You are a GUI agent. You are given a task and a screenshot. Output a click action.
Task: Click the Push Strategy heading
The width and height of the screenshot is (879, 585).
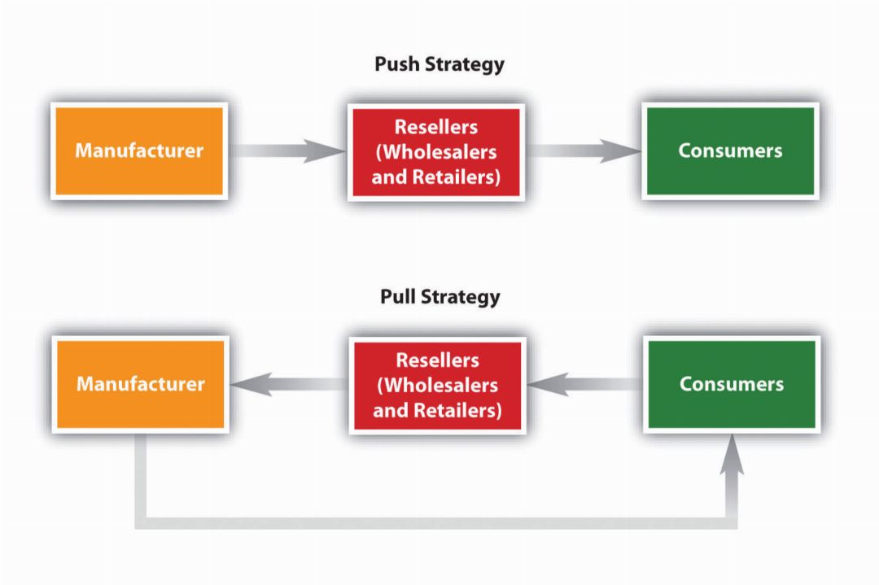tap(439, 64)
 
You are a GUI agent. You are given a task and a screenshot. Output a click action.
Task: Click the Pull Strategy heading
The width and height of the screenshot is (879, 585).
tap(439, 297)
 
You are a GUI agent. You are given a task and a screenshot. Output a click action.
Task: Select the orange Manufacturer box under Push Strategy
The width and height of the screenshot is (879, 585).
tap(138, 151)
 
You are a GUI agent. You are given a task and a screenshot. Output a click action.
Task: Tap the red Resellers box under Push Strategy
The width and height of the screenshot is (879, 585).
tap(435, 151)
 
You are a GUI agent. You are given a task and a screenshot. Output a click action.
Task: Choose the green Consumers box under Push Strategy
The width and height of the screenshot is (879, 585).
tap(730, 151)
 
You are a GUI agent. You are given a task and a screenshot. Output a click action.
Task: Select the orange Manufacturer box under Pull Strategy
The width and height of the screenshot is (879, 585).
tap(140, 384)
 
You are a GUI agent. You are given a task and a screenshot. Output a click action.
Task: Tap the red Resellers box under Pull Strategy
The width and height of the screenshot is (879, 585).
tap(437, 385)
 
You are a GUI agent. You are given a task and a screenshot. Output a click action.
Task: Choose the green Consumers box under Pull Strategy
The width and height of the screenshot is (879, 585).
tap(732, 384)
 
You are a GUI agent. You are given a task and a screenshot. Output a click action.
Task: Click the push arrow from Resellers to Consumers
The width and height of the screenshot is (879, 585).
tap(583, 151)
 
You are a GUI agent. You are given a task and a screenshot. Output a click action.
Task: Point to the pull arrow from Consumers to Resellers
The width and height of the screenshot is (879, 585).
tap(584, 384)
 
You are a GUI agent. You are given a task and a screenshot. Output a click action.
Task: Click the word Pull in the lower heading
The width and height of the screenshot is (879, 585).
tap(397, 297)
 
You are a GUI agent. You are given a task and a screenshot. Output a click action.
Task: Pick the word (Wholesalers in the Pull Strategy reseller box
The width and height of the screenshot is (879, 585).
tap(437, 385)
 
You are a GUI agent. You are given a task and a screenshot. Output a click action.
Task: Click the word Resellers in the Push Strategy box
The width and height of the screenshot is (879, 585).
tap(435, 127)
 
